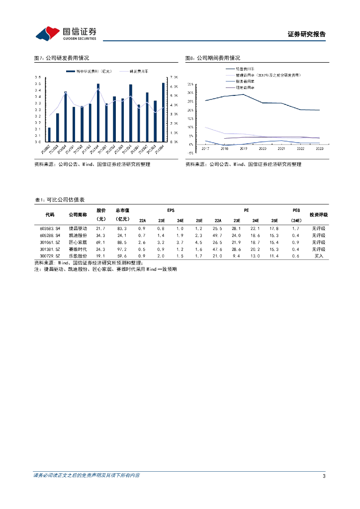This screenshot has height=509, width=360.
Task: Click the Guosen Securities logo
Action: pos(66,33)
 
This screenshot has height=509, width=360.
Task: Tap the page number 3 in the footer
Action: pos(324,476)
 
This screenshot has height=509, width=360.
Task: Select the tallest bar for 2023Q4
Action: pos(163,112)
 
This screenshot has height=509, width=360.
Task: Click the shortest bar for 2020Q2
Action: pos(49,135)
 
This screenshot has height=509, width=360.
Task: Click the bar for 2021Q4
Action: pos(98,113)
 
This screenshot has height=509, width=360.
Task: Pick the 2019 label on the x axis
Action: pos(243,148)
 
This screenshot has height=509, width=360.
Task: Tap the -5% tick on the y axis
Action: pos(190,153)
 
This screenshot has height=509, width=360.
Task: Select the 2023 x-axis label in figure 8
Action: pos(319,148)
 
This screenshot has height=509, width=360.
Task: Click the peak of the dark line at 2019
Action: pos(243,94)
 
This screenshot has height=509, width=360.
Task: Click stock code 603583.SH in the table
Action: pos(50,228)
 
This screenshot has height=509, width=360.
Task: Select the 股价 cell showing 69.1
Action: pos(101,242)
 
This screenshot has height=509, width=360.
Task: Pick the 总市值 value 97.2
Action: pos(122,249)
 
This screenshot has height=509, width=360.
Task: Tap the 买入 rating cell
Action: pos(318,256)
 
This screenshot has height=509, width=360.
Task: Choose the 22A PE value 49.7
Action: pos(218,235)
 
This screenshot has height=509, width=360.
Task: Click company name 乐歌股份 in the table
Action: pos(78,256)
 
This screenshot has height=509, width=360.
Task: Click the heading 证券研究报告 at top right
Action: pos(306,34)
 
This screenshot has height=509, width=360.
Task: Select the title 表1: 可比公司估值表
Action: pos(59,199)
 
